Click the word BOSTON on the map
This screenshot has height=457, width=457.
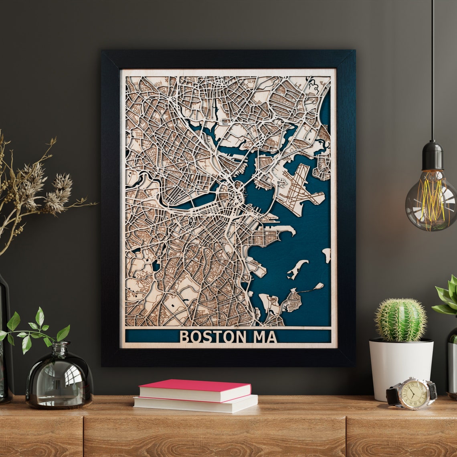(x=210, y=337)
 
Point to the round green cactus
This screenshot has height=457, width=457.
(x=400, y=320)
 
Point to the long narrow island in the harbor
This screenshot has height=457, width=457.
(x=297, y=269)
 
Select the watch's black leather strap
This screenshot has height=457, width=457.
(x=393, y=396)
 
